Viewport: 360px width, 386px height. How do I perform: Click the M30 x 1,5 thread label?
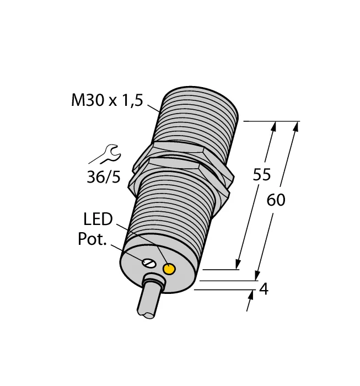(x=107, y=100)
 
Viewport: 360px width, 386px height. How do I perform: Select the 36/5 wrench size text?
(x=104, y=177)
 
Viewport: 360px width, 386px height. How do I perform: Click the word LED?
(x=98, y=219)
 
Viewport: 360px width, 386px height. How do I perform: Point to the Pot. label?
(x=92, y=239)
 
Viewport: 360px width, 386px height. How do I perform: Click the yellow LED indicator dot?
(x=169, y=269)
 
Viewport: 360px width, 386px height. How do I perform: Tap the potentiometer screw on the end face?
(x=149, y=263)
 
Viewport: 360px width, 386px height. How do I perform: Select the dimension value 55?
(x=262, y=174)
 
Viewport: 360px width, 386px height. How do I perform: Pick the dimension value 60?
(x=276, y=200)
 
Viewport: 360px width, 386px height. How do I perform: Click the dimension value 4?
(x=264, y=289)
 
